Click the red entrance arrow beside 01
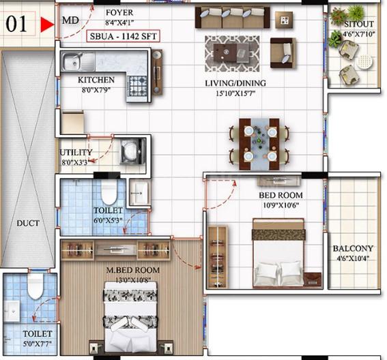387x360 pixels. (47, 25)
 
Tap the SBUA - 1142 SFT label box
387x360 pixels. (123, 36)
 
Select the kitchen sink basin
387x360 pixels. (72, 62)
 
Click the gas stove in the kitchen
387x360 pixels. (137, 86)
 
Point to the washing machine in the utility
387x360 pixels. (132, 151)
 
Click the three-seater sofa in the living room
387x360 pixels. (232, 17)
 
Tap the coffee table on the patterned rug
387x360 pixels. (231, 52)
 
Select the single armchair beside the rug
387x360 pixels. (283, 52)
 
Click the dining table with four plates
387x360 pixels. (259, 145)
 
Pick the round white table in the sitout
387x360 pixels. (364, 61)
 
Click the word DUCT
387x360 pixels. (28, 224)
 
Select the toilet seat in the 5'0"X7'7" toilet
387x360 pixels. (35, 286)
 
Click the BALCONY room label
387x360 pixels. (353, 248)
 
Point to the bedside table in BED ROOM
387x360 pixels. (313, 280)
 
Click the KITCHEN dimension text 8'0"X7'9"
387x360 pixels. (96, 90)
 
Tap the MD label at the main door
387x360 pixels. (70, 20)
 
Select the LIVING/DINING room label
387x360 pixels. (235, 83)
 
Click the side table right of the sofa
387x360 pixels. (284, 20)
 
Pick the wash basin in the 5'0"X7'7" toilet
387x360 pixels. (12, 311)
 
